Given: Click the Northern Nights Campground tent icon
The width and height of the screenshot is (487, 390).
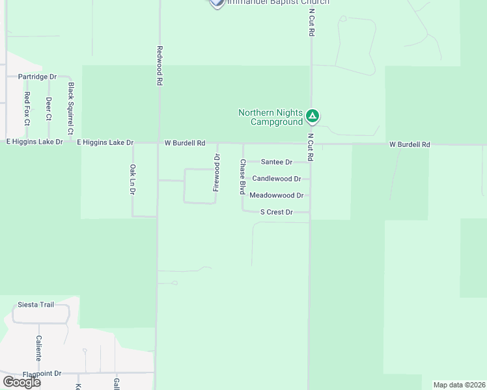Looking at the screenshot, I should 313,117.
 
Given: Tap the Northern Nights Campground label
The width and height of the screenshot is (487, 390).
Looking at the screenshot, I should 270,117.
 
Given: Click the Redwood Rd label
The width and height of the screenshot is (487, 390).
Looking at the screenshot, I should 159,66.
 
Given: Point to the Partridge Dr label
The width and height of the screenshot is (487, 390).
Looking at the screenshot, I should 37,77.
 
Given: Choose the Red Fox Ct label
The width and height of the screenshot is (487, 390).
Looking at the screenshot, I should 27,108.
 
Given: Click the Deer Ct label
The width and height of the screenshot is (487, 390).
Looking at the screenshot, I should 49,109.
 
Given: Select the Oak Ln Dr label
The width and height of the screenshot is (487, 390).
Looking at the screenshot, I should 132,180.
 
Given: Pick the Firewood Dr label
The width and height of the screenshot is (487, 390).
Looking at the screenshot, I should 217,172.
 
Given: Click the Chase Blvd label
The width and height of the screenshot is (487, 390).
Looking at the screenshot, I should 243,177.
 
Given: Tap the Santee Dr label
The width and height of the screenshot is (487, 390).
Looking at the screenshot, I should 276,162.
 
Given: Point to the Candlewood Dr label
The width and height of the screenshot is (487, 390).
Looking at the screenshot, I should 276,178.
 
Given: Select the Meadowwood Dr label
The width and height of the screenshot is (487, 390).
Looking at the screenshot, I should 276,195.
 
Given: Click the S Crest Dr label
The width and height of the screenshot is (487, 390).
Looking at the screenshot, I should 276,212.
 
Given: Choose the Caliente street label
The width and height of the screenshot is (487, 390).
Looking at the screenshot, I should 39,348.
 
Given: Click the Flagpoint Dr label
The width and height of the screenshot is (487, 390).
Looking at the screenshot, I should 42,374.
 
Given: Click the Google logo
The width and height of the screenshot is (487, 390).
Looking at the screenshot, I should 21,382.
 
